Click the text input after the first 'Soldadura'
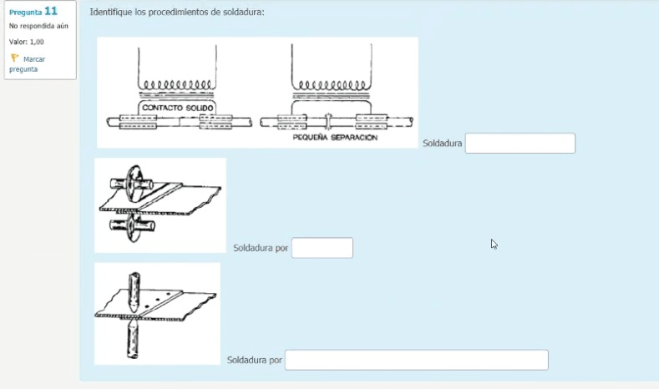520,144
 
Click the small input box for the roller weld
322,248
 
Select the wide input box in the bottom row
416,360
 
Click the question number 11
51,11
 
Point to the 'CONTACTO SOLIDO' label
177,109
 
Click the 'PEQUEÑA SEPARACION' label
335,138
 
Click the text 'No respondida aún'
39,26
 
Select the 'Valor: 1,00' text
27,41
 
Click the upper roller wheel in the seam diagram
133,179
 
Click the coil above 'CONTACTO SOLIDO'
177,85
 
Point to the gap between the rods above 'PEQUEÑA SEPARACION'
328,122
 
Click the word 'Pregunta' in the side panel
25,12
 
